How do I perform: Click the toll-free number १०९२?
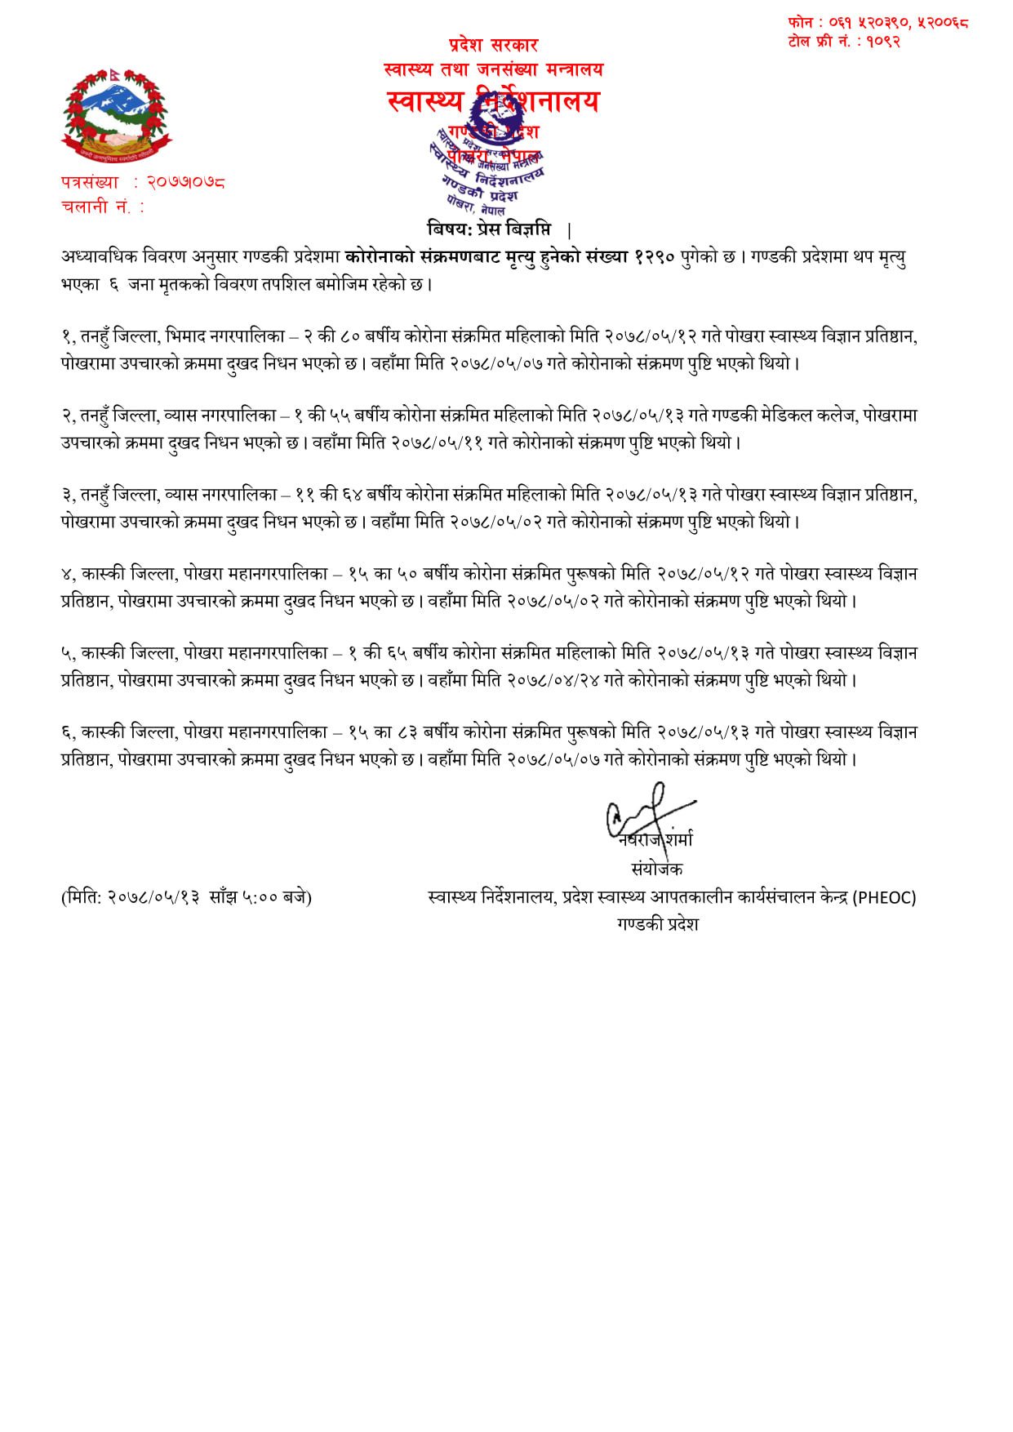coord(882,42)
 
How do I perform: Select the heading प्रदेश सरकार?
coord(493,45)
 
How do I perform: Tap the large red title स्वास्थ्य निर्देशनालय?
coord(493,101)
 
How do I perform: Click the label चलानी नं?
coord(96,207)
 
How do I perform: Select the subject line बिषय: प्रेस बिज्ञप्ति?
coord(489,229)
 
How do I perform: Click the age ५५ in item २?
coord(340,416)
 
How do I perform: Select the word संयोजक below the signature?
coord(656,869)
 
